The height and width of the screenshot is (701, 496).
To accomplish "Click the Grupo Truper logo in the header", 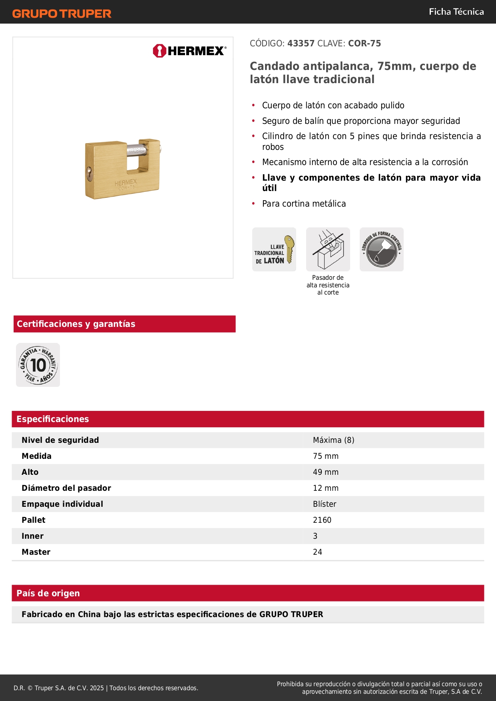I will (x=62, y=14).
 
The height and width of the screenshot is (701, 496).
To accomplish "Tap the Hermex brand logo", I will (x=189, y=51).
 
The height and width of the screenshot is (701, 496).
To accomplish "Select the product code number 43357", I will (x=301, y=44).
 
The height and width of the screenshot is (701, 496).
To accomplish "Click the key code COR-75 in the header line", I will (x=364, y=44).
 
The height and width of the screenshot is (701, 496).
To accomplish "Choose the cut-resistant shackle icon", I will (x=328, y=249).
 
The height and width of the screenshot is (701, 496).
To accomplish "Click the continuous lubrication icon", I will (x=382, y=249).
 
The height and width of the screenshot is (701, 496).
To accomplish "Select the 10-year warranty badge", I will (x=38, y=365).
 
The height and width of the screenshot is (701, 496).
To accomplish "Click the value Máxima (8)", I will (x=333, y=440).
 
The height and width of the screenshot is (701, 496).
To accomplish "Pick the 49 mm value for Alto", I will (x=325, y=472).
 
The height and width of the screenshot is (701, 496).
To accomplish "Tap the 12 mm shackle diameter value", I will (x=325, y=488).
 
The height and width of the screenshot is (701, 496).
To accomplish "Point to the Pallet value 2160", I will (x=322, y=520).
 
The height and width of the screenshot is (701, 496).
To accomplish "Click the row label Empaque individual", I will (x=62, y=504).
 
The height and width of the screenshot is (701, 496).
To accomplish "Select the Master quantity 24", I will (x=317, y=552).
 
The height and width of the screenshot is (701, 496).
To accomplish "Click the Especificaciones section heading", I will (x=53, y=419).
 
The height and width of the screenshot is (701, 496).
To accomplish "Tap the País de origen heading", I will (x=48, y=593).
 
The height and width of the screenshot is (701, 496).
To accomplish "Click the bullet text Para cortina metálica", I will (x=304, y=204).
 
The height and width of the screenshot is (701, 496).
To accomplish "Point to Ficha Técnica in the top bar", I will (x=456, y=12).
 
